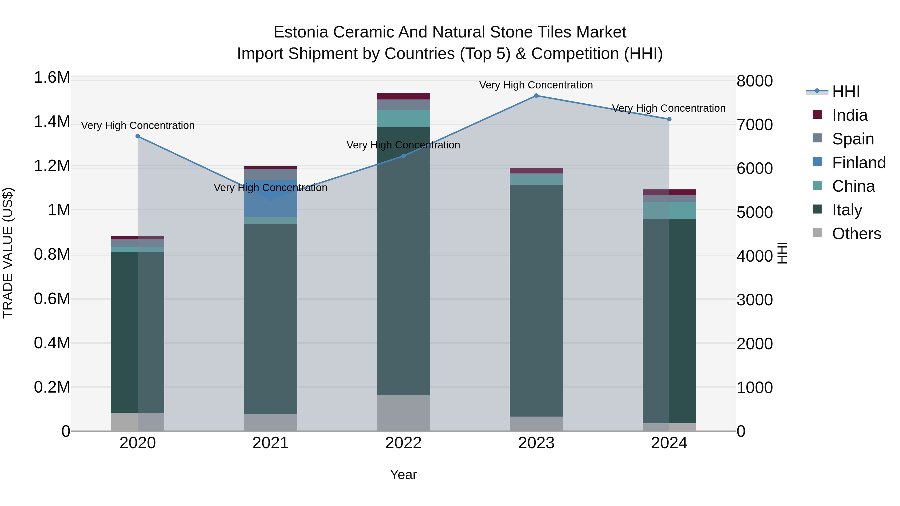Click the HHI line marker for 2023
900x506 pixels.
(536, 96)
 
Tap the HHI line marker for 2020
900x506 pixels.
(138, 136)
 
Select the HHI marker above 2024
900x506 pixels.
(669, 119)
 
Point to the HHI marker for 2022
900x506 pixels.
(403, 156)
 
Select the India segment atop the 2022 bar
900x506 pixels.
(403, 96)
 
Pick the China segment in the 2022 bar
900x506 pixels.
(403, 118)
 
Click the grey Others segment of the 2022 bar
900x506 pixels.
(403, 413)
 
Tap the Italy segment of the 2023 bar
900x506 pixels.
(536, 300)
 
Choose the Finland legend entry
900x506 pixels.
(858, 163)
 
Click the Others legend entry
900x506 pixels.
(856, 234)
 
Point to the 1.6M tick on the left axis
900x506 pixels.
(52, 77)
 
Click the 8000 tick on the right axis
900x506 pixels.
(755, 81)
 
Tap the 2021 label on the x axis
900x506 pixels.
(270, 443)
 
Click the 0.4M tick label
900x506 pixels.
(52, 343)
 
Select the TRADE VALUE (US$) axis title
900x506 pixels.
(8, 253)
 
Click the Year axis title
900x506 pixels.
(403, 475)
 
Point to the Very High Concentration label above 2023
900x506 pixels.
(536, 85)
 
